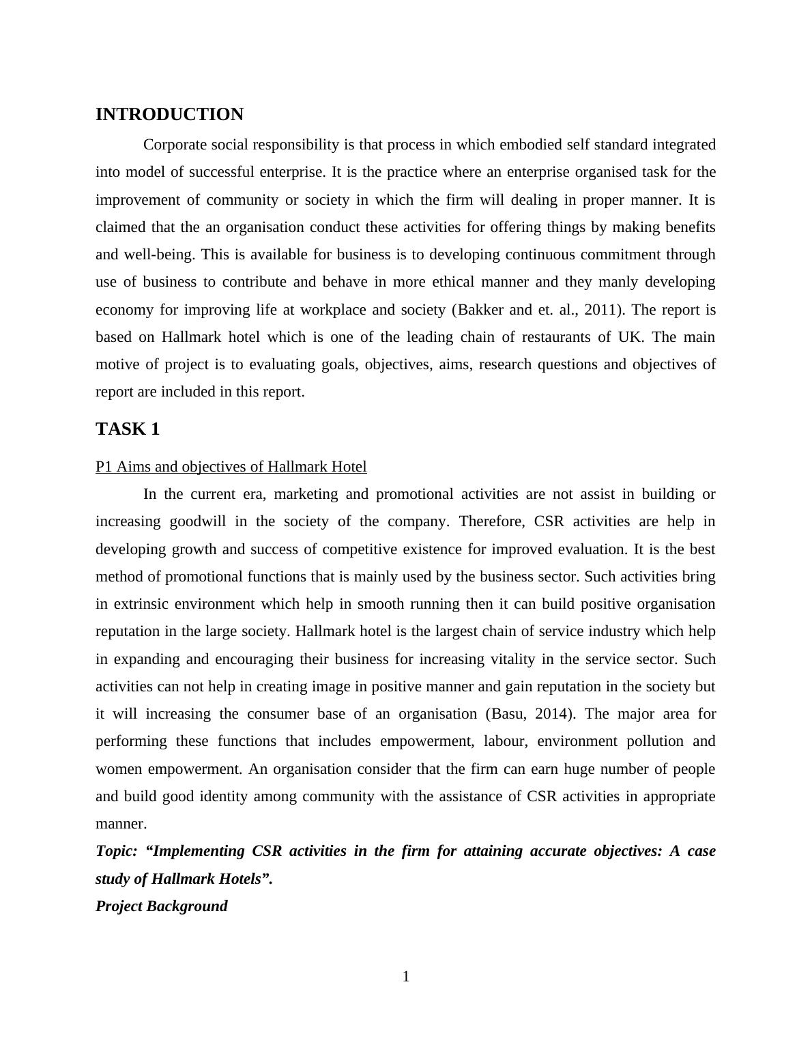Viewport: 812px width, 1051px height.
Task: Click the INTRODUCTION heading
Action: [x=169, y=115]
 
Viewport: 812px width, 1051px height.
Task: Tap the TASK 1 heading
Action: [x=128, y=429]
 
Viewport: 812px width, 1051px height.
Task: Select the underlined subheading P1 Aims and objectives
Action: [x=231, y=467]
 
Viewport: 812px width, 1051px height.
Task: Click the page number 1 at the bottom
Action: [x=406, y=977]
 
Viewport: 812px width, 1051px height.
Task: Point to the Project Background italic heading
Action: [x=162, y=906]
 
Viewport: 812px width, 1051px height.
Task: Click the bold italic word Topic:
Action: [x=117, y=851]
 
